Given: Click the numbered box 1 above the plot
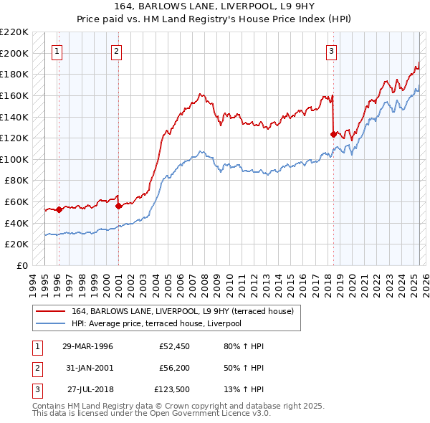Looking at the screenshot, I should tap(57, 51).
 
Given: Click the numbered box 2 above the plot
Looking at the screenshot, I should tap(116, 51).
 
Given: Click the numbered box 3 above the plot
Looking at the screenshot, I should tap(332, 51).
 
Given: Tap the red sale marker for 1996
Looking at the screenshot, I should tap(59, 209).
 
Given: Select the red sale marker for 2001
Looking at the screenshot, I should tap(118, 206).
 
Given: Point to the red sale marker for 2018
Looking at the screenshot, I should tap(333, 134).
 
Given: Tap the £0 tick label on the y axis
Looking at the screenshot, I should tap(23, 265).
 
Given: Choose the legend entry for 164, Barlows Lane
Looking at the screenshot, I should tap(186, 310).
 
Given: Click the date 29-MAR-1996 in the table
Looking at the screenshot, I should tap(88, 346).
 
